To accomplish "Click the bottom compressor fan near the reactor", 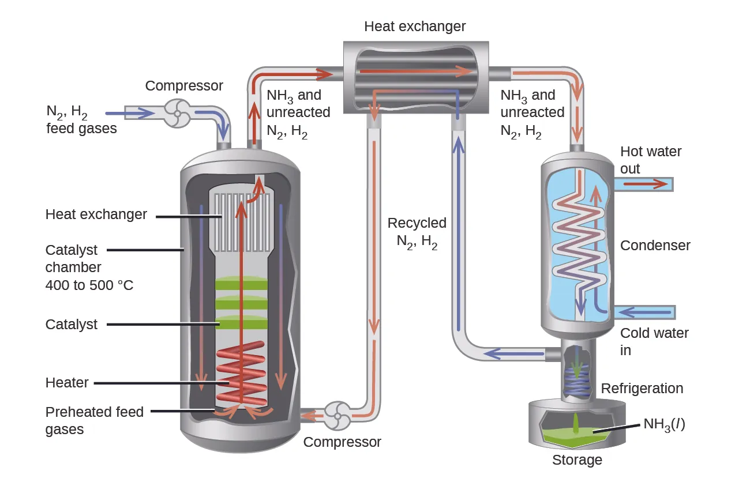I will point(336,415).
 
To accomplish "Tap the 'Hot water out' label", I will point(650,160).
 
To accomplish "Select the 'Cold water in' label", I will point(654,341).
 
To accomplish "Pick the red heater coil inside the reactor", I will point(241,375).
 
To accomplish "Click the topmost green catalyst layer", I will point(241,284).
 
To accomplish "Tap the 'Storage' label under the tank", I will point(577,460).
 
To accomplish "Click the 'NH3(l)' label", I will point(663,426).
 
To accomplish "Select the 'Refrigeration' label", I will point(642,389).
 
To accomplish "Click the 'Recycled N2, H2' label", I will point(417,232).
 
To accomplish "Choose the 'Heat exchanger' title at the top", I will point(415,27).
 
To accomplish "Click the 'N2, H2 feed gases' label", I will point(81,119).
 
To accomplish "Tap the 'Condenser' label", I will point(655,246).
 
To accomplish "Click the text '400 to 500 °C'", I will point(89,285).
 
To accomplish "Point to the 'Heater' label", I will point(67,383).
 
